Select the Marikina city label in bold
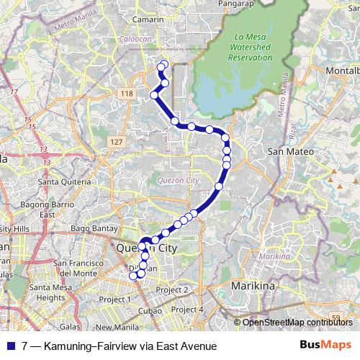point(253,286)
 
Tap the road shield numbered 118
point(127,94)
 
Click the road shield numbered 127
point(117,143)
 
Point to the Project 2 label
point(172,289)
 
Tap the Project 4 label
point(190,309)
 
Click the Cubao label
point(150,310)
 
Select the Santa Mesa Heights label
point(50,292)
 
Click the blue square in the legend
point(12,346)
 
